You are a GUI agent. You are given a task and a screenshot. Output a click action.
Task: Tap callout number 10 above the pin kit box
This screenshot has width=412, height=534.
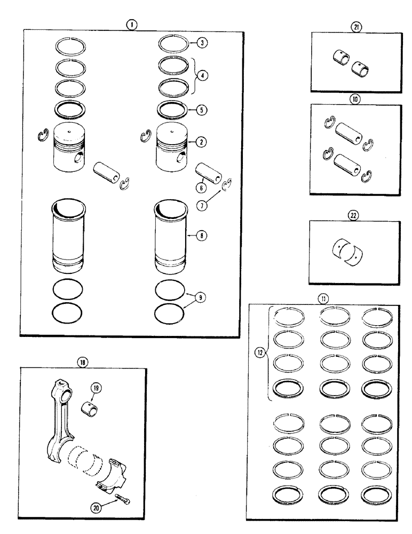354,98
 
